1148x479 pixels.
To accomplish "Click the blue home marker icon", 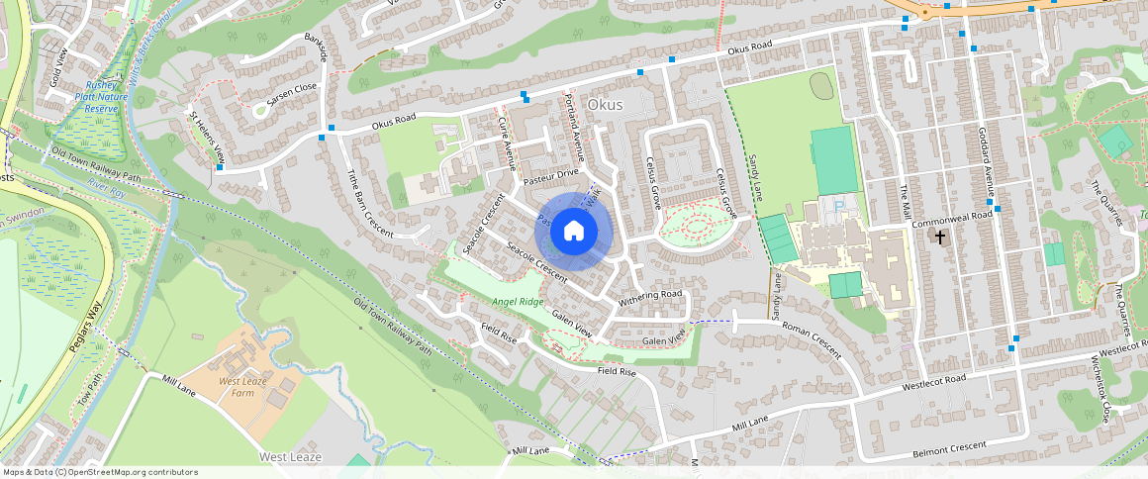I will tap(574, 232).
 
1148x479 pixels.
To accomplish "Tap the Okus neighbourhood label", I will tap(606, 103).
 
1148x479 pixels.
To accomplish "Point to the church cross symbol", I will tap(939, 238).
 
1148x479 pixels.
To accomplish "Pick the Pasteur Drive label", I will tap(550, 174).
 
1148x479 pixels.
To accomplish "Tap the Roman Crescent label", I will tap(811, 337).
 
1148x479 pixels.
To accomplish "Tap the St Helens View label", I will tap(208, 137).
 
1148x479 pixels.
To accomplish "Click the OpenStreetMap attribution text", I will tap(99, 472).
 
